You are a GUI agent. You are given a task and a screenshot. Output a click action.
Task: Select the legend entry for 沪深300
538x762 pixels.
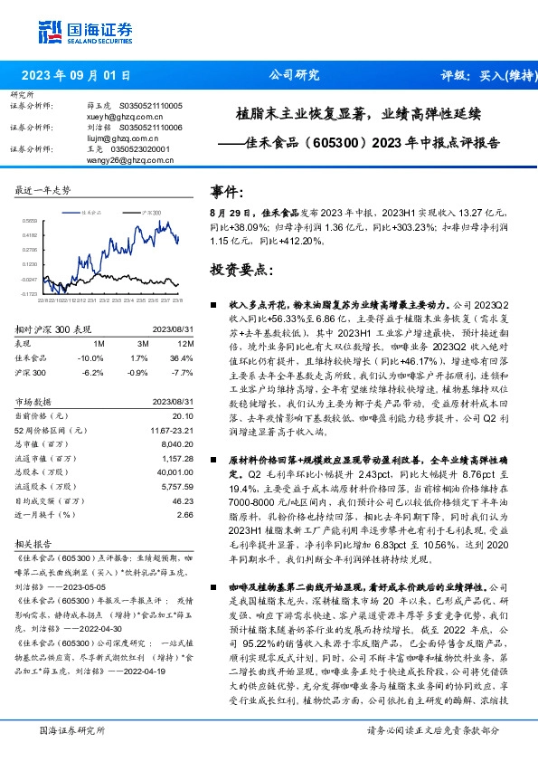tap(149, 210)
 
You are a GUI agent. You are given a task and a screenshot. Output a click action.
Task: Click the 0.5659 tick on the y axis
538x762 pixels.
tap(30, 219)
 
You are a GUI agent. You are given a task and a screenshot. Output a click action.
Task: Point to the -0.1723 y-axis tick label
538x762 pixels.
tap(30, 293)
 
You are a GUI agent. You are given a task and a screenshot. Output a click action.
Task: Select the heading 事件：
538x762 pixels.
tap(227, 191)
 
